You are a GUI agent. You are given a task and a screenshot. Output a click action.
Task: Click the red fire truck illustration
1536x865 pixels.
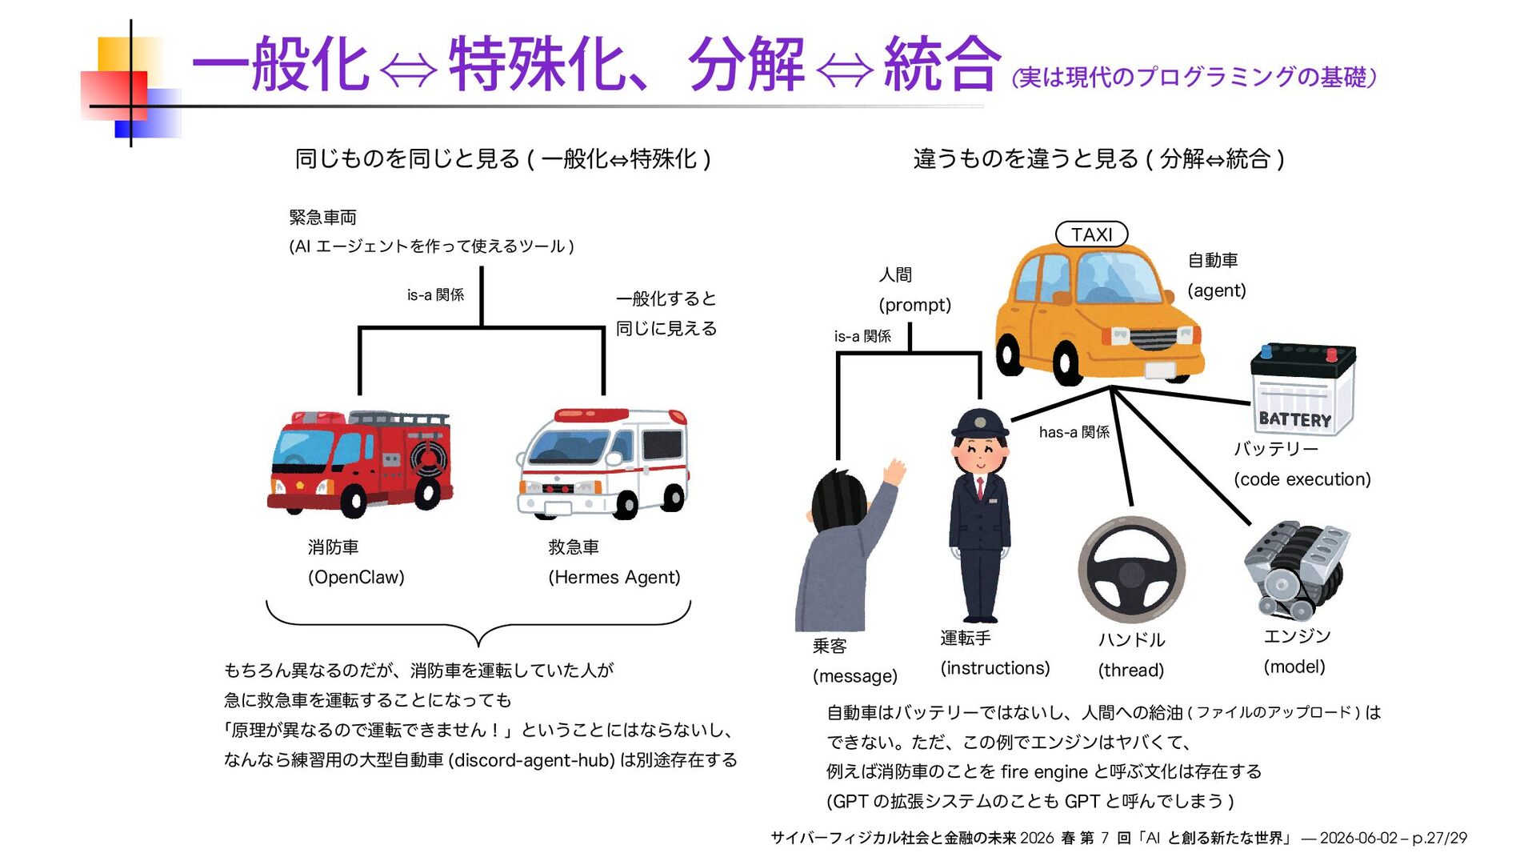click(360, 463)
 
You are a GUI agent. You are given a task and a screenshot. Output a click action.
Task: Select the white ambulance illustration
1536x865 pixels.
click(602, 463)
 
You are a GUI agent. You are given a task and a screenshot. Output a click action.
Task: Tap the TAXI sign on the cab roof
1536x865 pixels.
click(1091, 234)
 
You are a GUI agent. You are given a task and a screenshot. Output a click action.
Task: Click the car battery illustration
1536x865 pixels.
click(1302, 389)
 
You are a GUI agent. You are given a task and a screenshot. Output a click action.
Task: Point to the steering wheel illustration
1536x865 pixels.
click(1131, 570)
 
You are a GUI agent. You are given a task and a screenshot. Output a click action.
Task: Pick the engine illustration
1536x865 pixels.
click(1296, 570)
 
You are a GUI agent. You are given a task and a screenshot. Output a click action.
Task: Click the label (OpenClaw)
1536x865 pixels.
click(356, 577)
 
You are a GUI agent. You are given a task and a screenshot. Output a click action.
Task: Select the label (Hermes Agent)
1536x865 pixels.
click(614, 577)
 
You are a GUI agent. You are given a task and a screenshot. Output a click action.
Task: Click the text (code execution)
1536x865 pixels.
click(1302, 479)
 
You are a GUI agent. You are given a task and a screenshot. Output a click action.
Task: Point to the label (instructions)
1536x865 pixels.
click(994, 668)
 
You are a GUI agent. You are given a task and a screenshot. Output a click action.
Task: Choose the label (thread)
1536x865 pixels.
click(1130, 670)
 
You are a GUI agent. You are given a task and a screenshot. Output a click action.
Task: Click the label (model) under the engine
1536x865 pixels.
click(1294, 667)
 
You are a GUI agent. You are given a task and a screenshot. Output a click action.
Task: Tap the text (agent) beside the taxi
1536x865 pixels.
click(1216, 290)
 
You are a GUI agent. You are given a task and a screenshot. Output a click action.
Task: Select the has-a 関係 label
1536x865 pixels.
click(1074, 432)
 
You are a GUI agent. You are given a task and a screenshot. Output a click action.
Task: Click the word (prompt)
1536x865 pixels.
click(914, 305)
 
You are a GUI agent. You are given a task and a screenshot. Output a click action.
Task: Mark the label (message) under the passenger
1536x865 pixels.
click(854, 676)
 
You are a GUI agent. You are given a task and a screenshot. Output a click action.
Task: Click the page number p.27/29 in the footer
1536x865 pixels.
click(1438, 839)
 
